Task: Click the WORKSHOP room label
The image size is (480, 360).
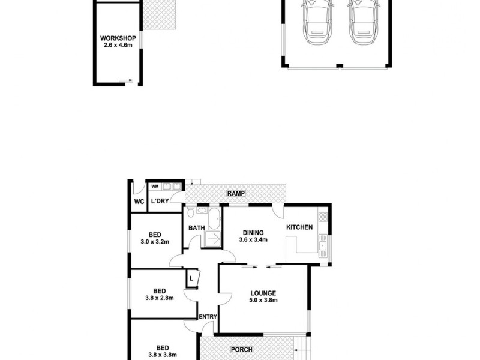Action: (x=118, y=38)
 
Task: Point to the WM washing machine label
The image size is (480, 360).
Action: (x=154, y=187)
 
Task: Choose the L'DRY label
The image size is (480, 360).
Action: (x=160, y=201)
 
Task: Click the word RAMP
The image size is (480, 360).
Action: (x=235, y=193)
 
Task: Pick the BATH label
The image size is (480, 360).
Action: (x=197, y=228)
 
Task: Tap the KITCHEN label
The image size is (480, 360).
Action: (x=299, y=227)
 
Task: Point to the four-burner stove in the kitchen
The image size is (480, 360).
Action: (x=322, y=217)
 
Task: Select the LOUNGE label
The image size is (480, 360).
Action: (x=263, y=293)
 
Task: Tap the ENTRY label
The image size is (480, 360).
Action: (x=208, y=317)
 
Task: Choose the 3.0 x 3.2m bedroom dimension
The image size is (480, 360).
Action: (x=155, y=242)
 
